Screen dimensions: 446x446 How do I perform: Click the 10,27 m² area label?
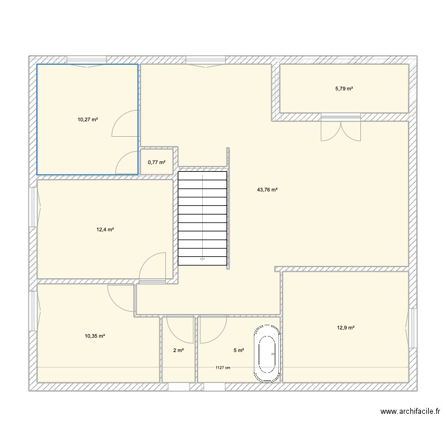coord(87,120)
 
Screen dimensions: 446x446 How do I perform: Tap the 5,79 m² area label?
coord(344,89)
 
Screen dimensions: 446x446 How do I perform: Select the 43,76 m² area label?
coord(267,190)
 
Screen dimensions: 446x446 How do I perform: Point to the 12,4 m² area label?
coord(105,230)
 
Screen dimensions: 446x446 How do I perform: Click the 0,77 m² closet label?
coord(156,162)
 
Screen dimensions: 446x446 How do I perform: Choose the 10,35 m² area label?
coord(95,336)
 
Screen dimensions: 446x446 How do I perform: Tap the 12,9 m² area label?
coord(346,328)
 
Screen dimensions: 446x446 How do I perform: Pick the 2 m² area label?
coord(178,350)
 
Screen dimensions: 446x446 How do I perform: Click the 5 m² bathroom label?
coord(238,350)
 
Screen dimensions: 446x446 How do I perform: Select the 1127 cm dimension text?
coord(223,368)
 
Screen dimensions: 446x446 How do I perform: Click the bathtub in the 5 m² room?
coord(267,354)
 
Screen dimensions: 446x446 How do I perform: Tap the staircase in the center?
coord(203,218)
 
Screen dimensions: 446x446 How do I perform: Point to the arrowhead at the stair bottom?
coord(202,259)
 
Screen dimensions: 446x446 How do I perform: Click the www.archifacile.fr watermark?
coord(410,412)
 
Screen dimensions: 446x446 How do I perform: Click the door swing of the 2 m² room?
coord(180,330)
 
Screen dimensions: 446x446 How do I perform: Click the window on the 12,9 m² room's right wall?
coord(412,328)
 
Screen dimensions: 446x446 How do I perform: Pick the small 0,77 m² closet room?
coord(157,162)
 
